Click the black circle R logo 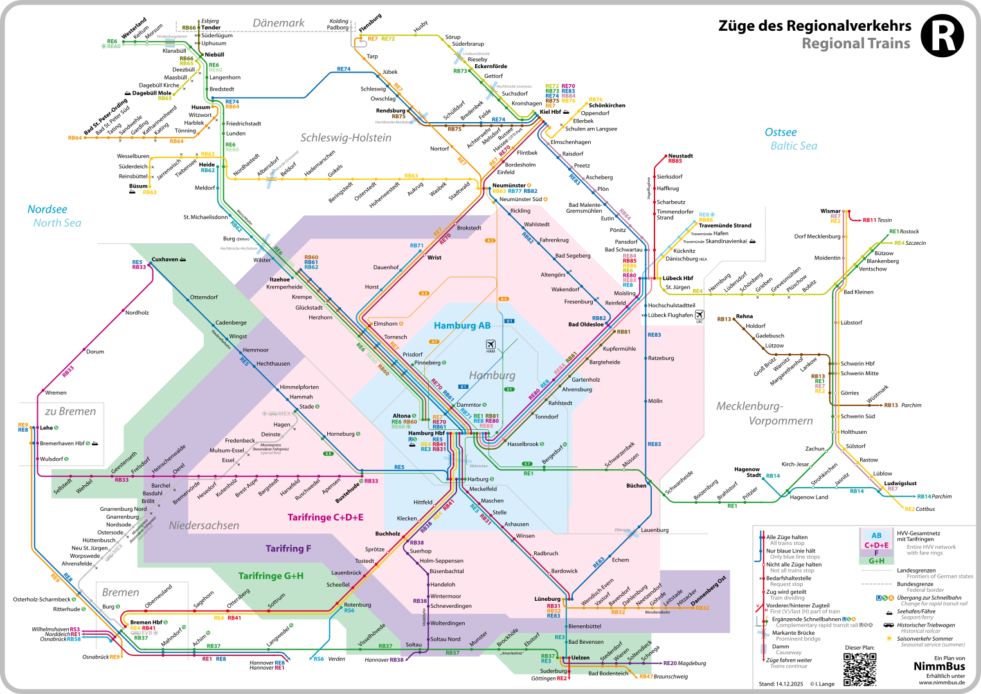click(x=942, y=36)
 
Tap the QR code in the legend click(x=860, y=669)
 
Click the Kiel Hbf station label click(x=550, y=112)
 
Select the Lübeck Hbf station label click(x=678, y=278)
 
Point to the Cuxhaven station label click(x=165, y=260)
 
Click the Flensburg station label click(x=370, y=23)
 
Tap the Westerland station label click(x=134, y=29)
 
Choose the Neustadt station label click(x=680, y=156)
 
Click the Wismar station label click(x=830, y=211)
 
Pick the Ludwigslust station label click(x=900, y=483)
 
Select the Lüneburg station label click(x=547, y=599)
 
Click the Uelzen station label click(x=580, y=657)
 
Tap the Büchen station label click(x=636, y=486)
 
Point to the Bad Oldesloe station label click(x=586, y=325)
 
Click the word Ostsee click(x=780, y=132)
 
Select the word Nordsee click(x=47, y=209)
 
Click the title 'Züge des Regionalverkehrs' click(x=815, y=26)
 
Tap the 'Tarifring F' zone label click(x=288, y=549)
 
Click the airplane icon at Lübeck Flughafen click(x=699, y=315)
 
